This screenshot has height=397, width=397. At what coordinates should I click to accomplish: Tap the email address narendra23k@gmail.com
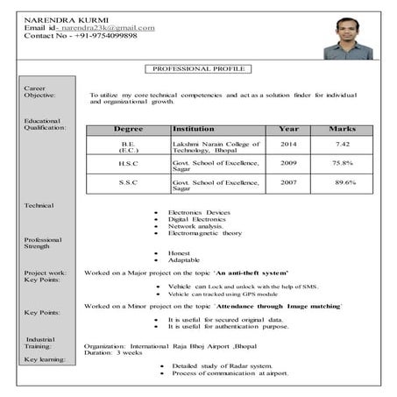[x=110, y=28]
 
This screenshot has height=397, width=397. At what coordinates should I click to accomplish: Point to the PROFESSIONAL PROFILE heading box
[x=198, y=68]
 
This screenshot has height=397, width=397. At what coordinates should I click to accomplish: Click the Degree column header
[x=128, y=130]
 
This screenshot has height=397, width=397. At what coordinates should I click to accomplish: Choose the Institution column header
[x=194, y=130]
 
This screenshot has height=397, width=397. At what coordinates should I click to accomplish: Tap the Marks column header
[x=342, y=130]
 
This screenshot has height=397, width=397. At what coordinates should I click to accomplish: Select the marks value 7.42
[x=343, y=144]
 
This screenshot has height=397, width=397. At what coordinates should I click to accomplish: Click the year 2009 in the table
[x=288, y=163]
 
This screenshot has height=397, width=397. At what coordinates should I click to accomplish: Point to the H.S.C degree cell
[x=128, y=163]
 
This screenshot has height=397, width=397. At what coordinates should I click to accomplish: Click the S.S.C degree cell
[x=128, y=182]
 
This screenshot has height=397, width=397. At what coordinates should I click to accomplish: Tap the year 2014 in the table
[x=288, y=144]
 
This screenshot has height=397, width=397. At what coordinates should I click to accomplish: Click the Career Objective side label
[x=42, y=92]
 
